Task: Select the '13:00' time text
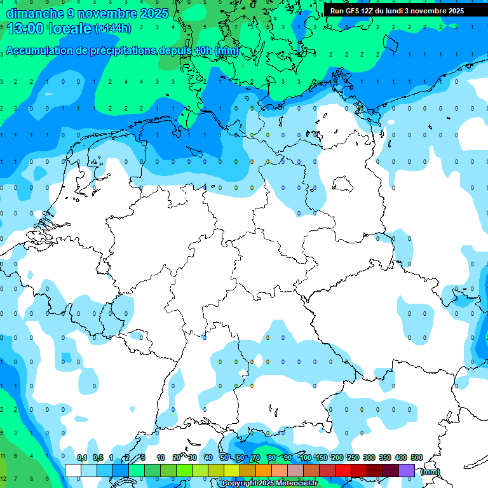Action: pyautogui.click(x=25, y=28)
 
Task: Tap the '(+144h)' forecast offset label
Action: pyautogui.click(x=113, y=29)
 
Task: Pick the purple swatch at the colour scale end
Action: pyautogui.click(x=407, y=470)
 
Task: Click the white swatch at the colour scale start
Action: pyautogui.click(x=73, y=470)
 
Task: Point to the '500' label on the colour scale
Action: pyautogui.click(x=416, y=457)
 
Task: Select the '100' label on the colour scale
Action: pyautogui.click(x=305, y=457)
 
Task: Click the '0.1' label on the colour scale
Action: pyautogui.click(x=82, y=457)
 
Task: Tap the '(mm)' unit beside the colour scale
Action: pyautogui.click(x=430, y=471)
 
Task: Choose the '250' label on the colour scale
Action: pyautogui.click(x=353, y=457)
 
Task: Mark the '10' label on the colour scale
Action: pyautogui.click(x=161, y=457)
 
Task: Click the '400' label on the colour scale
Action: pyautogui.click(x=400, y=457)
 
